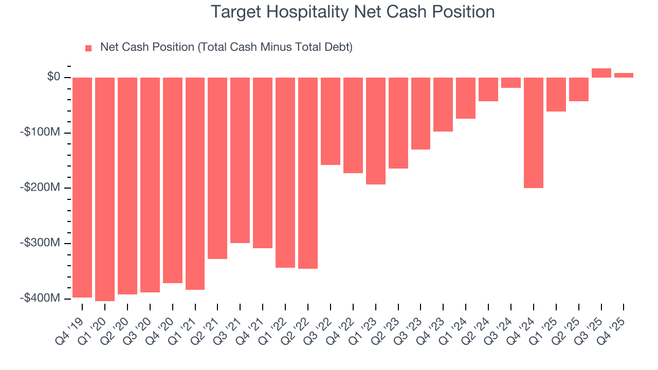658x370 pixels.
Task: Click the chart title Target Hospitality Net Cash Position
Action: (353, 12)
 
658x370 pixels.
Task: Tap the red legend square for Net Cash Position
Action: (88, 48)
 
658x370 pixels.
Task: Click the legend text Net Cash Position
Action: (226, 47)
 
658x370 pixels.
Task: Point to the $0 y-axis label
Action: (53, 77)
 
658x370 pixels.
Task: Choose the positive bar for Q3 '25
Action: (601, 73)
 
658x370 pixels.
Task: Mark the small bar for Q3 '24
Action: (511, 83)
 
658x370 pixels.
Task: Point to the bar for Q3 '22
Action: (331, 121)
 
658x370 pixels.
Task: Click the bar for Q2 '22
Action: (308, 173)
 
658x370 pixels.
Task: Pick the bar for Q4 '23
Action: (443, 104)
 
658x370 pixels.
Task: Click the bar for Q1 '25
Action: (556, 95)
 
